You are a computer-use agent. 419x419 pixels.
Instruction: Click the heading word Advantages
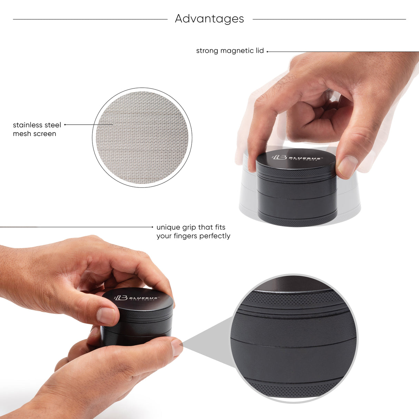pyautogui.click(x=209, y=19)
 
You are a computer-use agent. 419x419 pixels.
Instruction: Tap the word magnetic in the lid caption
pyautogui.click(x=237, y=51)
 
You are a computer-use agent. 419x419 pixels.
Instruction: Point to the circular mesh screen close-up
pyautogui.click(x=142, y=137)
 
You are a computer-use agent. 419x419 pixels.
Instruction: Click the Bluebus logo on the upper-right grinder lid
pyautogui.click(x=297, y=157)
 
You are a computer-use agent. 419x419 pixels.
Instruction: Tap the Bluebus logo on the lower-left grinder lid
pyautogui.click(x=137, y=298)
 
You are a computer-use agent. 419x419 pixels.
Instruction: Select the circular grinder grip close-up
pyautogui.click(x=294, y=338)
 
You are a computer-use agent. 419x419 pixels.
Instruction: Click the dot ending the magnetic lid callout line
pyautogui.click(x=267, y=52)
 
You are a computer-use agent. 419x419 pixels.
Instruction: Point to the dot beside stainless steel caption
pyautogui.click(x=65, y=125)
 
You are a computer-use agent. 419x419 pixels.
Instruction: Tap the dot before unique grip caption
pyautogui.click(x=153, y=227)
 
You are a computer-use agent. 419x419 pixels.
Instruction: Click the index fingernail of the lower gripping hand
pyautogui.click(x=177, y=347)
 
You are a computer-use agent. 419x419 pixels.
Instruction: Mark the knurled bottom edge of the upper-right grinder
pyautogui.click(x=297, y=221)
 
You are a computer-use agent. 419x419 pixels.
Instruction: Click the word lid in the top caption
pyautogui.click(x=260, y=51)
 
